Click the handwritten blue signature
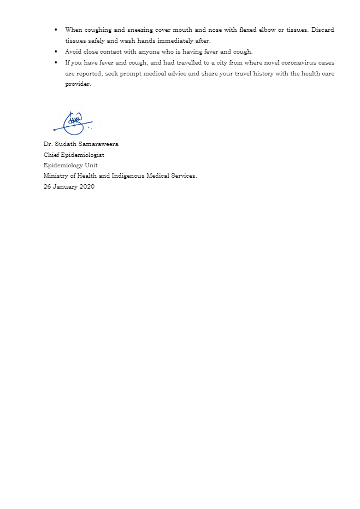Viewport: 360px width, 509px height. coord(73,123)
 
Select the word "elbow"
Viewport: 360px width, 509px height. coord(265,30)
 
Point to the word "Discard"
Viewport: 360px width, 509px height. coord(323,30)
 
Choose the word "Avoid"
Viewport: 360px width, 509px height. coord(73,51)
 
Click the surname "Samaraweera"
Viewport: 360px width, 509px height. coord(98,144)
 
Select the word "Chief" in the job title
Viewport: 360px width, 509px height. coord(51,155)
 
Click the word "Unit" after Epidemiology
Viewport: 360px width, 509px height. coord(91,165)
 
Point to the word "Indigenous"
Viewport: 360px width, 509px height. coord(128,176)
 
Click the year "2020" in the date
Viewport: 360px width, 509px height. coord(87,186)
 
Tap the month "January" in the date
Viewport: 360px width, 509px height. coord(65,186)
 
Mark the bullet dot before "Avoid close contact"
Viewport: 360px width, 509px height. coord(56,51)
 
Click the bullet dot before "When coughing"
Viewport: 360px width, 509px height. coord(56,30)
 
